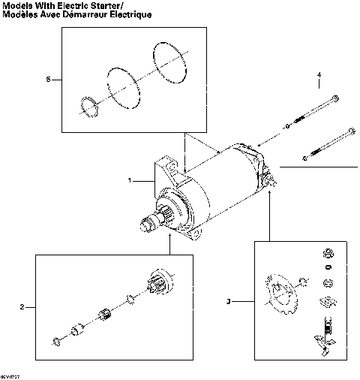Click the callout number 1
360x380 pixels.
point(130,181)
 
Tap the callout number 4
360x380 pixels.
point(319,76)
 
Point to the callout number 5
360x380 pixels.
point(49,79)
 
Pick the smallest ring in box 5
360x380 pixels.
point(88,108)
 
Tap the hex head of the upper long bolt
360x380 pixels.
point(334,98)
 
